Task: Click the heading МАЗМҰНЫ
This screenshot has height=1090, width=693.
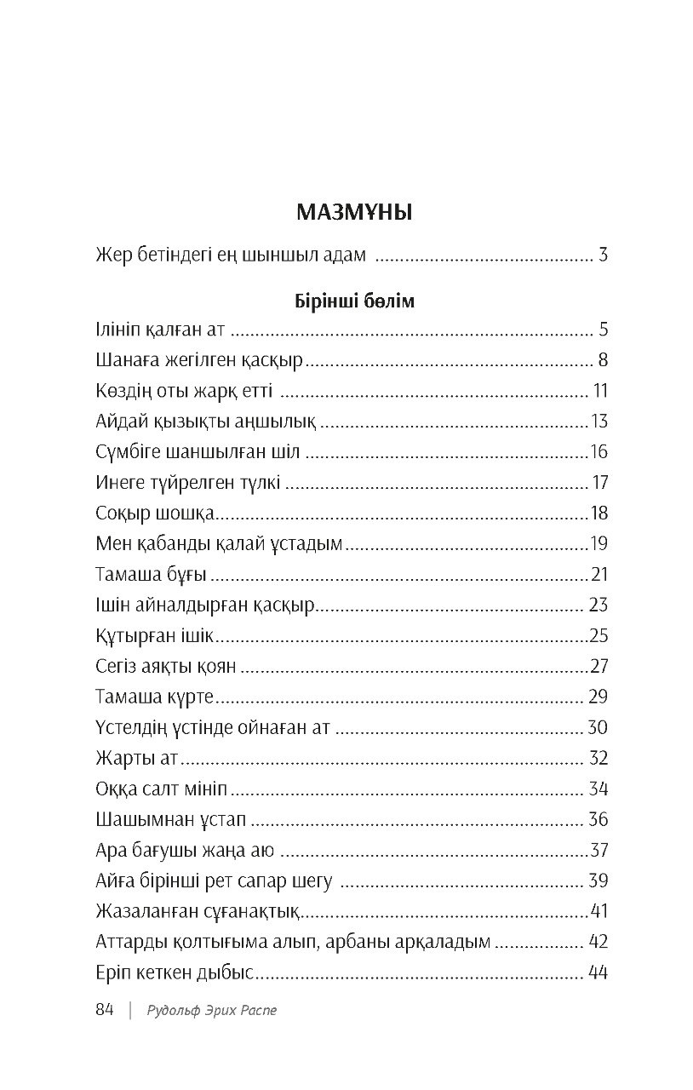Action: [353, 212]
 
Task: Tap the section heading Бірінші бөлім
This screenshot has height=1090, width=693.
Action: [353, 302]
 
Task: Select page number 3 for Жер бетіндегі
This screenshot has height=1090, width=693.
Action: [603, 254]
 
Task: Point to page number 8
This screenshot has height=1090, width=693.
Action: [603, 360]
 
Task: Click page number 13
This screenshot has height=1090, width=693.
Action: [599, 422]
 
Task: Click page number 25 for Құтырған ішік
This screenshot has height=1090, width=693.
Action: [598, 635]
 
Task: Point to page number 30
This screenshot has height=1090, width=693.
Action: [598, 727]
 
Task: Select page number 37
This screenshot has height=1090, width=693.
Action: [599, 850]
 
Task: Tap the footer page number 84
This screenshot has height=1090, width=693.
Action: [105, 1010]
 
